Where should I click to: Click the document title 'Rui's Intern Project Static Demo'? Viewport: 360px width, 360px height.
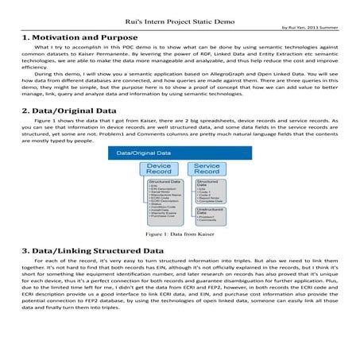[x=180, y=11]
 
